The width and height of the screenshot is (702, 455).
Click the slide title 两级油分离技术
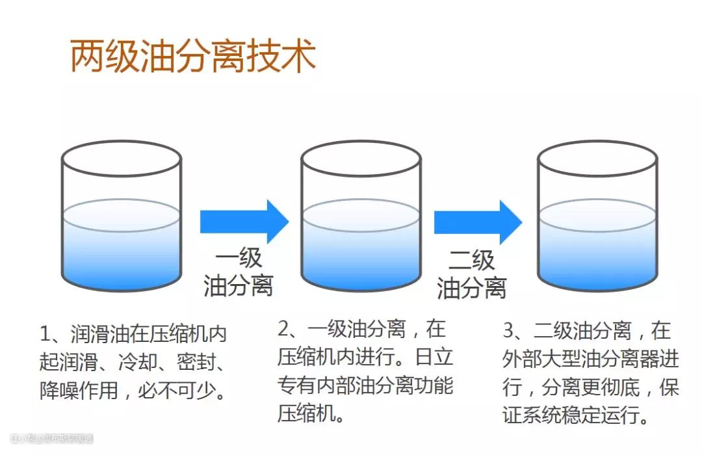[192, 57]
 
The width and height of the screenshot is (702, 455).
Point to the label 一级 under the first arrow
[239, 257]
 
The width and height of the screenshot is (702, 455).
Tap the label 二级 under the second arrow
[472, 260]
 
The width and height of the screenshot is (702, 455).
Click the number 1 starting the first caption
[45, 334]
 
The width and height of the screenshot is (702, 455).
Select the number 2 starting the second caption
[283, 329]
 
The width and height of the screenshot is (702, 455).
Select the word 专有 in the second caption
[294, 385]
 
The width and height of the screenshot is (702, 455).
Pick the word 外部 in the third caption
[519, 359]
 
